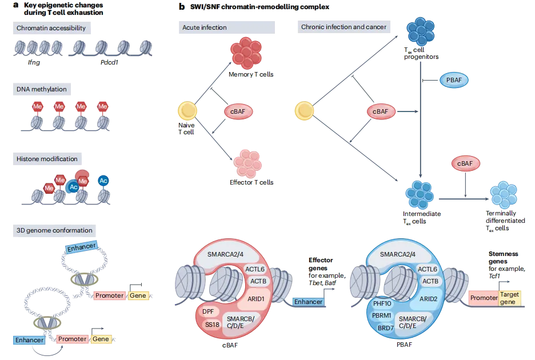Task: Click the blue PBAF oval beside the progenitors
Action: pyautogui.click(x=454, y=81)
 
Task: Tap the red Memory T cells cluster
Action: pyautogui.click(x=246, y=54)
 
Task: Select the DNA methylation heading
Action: pyautogui.click(x=42, y=89)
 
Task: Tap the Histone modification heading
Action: pyautogui.click(x=47, y=159)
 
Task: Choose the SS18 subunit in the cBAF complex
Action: pyautogui.click(x=212, y=325)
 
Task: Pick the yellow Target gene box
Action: pyautogui.click(x=509, y=297)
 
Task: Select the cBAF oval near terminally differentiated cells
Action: pyautogui.click(x=465, y=163)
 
